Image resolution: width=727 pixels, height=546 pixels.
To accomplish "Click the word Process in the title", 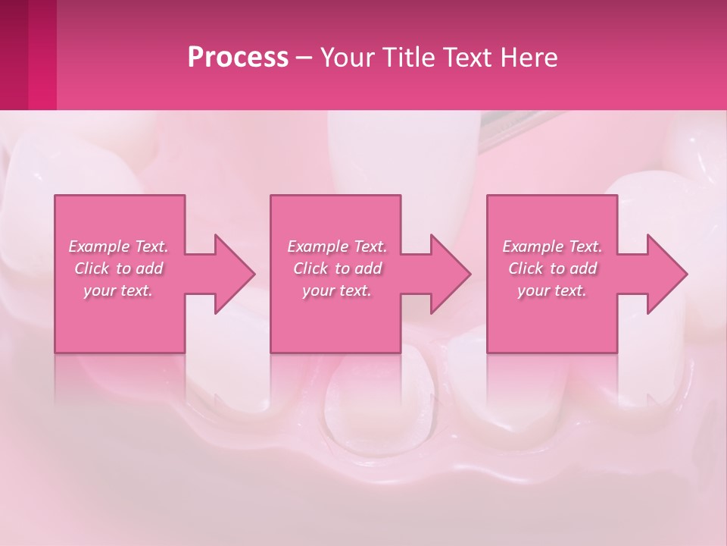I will point(238,57).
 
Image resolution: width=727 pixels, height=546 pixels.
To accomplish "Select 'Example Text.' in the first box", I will point(119,246).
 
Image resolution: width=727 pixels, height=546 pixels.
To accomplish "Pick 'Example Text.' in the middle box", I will point(337,246).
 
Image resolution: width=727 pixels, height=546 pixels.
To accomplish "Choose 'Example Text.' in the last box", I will point(552,246).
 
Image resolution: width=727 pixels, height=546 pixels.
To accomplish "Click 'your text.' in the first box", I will point(118,290).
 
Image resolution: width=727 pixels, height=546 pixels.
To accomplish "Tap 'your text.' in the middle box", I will point(337,290).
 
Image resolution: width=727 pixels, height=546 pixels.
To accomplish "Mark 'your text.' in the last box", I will point(552,290).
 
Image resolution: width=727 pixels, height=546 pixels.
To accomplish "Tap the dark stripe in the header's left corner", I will point(14,55).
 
